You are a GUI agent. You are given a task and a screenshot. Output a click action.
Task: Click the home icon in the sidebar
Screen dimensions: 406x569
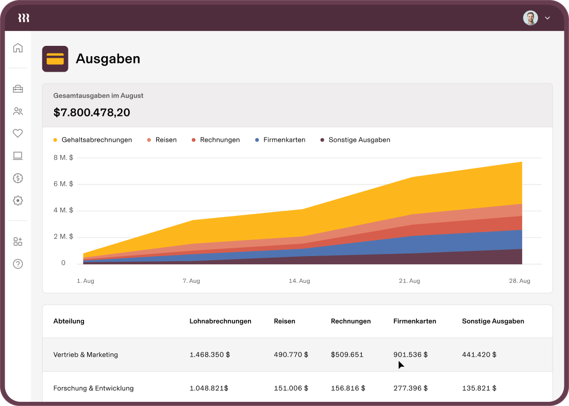click(18, 48)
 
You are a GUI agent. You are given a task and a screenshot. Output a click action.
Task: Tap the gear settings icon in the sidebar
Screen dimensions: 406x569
click(18, 200)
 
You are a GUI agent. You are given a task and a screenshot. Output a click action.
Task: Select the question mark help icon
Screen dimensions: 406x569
click(18, 264)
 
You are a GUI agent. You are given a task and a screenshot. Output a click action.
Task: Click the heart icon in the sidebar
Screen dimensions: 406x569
click(18, 133)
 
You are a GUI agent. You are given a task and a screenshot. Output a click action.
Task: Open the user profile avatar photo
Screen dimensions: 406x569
click(530, 18)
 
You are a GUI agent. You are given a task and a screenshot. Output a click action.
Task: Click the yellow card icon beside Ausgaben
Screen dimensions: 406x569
click(55, 59)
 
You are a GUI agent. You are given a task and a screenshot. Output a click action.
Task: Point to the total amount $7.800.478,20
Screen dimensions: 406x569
click(92, 112)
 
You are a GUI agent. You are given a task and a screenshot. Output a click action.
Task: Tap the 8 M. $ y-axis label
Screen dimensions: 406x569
click(63, 158)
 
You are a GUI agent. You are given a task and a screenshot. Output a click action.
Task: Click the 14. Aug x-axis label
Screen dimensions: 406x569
click(299, 281)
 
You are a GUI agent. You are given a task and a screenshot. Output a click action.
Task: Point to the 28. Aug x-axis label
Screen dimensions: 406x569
click(520, 281)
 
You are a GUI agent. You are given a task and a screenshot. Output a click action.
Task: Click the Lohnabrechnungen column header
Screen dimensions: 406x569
click(221, 321)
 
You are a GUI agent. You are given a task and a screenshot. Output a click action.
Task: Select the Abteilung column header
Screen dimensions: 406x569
click(69, 321)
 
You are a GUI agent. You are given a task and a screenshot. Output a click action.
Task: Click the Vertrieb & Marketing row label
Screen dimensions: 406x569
click(86, 354)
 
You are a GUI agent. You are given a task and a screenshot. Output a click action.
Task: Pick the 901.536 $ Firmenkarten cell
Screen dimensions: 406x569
click(410, 354)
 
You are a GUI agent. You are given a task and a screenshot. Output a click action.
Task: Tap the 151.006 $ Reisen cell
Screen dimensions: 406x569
click(291, 388)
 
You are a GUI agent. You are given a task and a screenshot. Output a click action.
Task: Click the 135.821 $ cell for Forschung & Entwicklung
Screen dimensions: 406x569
click(479, 388)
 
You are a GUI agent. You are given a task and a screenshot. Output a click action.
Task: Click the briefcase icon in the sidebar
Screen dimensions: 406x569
click(18, 89)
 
